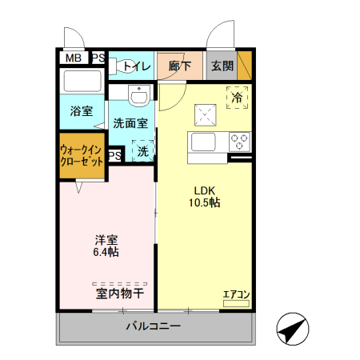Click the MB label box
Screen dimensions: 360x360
click(73, 58)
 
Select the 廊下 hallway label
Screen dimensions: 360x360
click(180, 66)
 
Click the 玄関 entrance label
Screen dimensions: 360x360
click(222, 66)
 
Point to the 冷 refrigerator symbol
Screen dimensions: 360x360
click(237, 97)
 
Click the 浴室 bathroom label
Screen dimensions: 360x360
click(81, 111)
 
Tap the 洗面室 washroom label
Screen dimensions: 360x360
click(130, 124)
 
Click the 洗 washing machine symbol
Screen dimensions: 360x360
click(142, 150)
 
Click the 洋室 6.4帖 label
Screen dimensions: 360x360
click(106, 246)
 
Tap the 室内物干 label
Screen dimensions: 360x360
click(120, 294)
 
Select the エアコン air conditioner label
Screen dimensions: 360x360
click(236, 295)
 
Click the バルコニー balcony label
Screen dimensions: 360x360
click(153, 326)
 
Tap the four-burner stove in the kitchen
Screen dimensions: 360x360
click(238, 142)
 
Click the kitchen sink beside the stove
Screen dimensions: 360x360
click(202, 142)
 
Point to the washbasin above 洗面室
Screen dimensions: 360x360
click(138, 95)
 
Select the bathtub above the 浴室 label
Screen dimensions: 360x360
click(82, 83)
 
